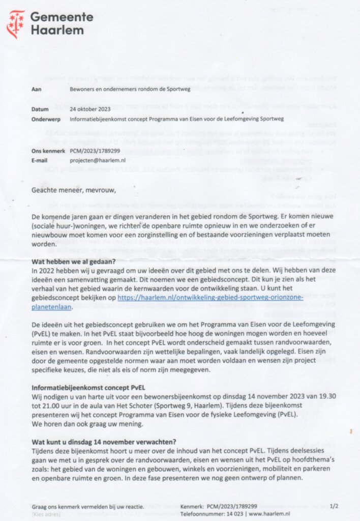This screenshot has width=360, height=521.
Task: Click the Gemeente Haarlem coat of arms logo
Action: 15,24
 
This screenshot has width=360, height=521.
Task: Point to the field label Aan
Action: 36,89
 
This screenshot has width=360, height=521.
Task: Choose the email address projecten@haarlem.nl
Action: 99,160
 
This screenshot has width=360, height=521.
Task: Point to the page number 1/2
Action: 334,506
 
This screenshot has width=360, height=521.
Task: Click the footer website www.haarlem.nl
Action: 270,514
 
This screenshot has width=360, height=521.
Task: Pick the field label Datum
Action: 40,109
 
